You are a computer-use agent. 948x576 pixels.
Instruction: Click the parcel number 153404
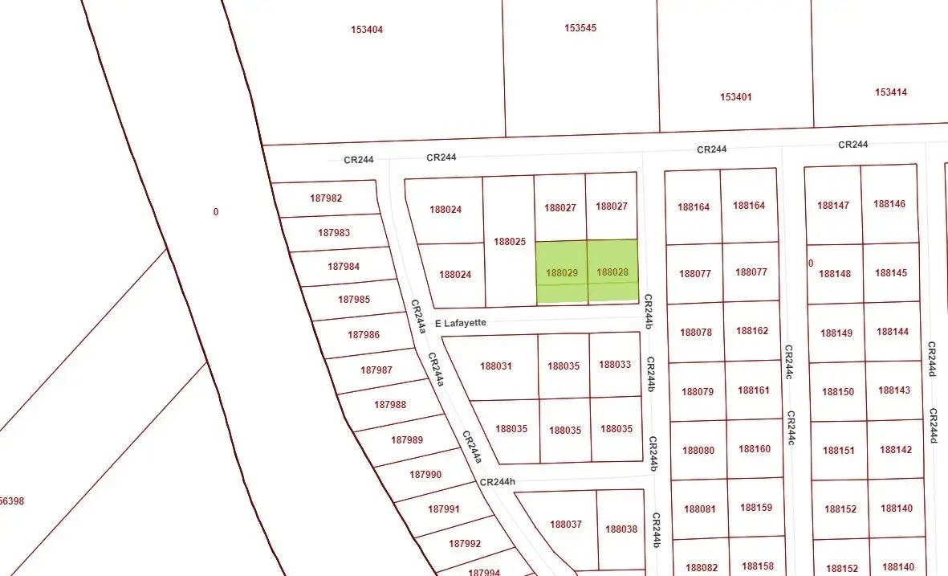coord(367,30)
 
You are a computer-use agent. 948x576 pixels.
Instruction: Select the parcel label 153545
coord(580,28)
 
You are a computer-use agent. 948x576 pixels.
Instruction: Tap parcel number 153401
coord(736,97)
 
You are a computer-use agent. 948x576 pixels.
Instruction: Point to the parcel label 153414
coord(891,92)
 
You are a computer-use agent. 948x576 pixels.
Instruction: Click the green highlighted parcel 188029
coord(562,273)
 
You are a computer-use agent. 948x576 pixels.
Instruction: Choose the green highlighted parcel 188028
coord(612,272)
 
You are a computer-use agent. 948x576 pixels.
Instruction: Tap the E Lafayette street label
coord(461,323)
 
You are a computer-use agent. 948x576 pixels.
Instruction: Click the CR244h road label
coord(497,483)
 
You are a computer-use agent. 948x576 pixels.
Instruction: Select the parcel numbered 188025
coord(510,242)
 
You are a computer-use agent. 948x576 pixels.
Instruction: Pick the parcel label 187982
coord(325,198)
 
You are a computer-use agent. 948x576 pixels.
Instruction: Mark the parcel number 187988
coord(390,405)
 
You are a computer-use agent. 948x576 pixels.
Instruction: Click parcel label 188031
coord(496,366)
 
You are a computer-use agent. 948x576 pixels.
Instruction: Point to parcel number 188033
coord(615,365)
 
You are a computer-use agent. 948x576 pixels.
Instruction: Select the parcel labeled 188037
coord(566,525)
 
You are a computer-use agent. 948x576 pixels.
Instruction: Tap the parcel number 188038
coord(621,529)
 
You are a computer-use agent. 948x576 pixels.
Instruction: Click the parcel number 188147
coord(833,206)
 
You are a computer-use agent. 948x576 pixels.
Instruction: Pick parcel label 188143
coord(894,390)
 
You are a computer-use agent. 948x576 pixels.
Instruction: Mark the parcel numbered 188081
coord(699,509)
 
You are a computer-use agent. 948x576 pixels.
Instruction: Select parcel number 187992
coord(465,544)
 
